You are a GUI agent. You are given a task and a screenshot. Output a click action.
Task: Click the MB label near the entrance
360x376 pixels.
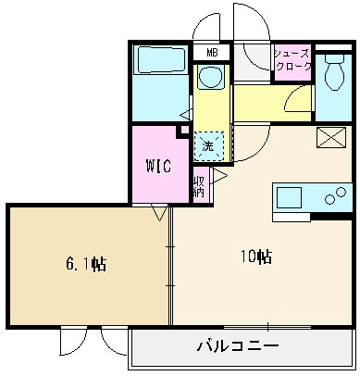[x=212, y=53]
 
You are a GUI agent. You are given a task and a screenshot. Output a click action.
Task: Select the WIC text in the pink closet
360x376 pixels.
[x=158, y=167]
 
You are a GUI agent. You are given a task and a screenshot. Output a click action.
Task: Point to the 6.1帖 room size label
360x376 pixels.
[x=85, y=265]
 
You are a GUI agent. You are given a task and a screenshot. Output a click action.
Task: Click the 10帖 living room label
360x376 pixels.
[x=256, y=255]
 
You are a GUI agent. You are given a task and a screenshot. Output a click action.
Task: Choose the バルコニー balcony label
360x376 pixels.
[x=238, y=348]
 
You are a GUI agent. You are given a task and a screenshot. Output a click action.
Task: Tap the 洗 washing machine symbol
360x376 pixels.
[x=208, y=145]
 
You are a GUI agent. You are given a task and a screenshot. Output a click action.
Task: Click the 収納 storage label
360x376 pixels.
[x=198, y=187]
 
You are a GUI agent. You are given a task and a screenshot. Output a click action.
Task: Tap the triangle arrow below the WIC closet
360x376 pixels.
[x=159, y=214]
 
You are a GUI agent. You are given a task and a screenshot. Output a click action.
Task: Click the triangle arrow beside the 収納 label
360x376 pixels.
[x=219, y=174]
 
